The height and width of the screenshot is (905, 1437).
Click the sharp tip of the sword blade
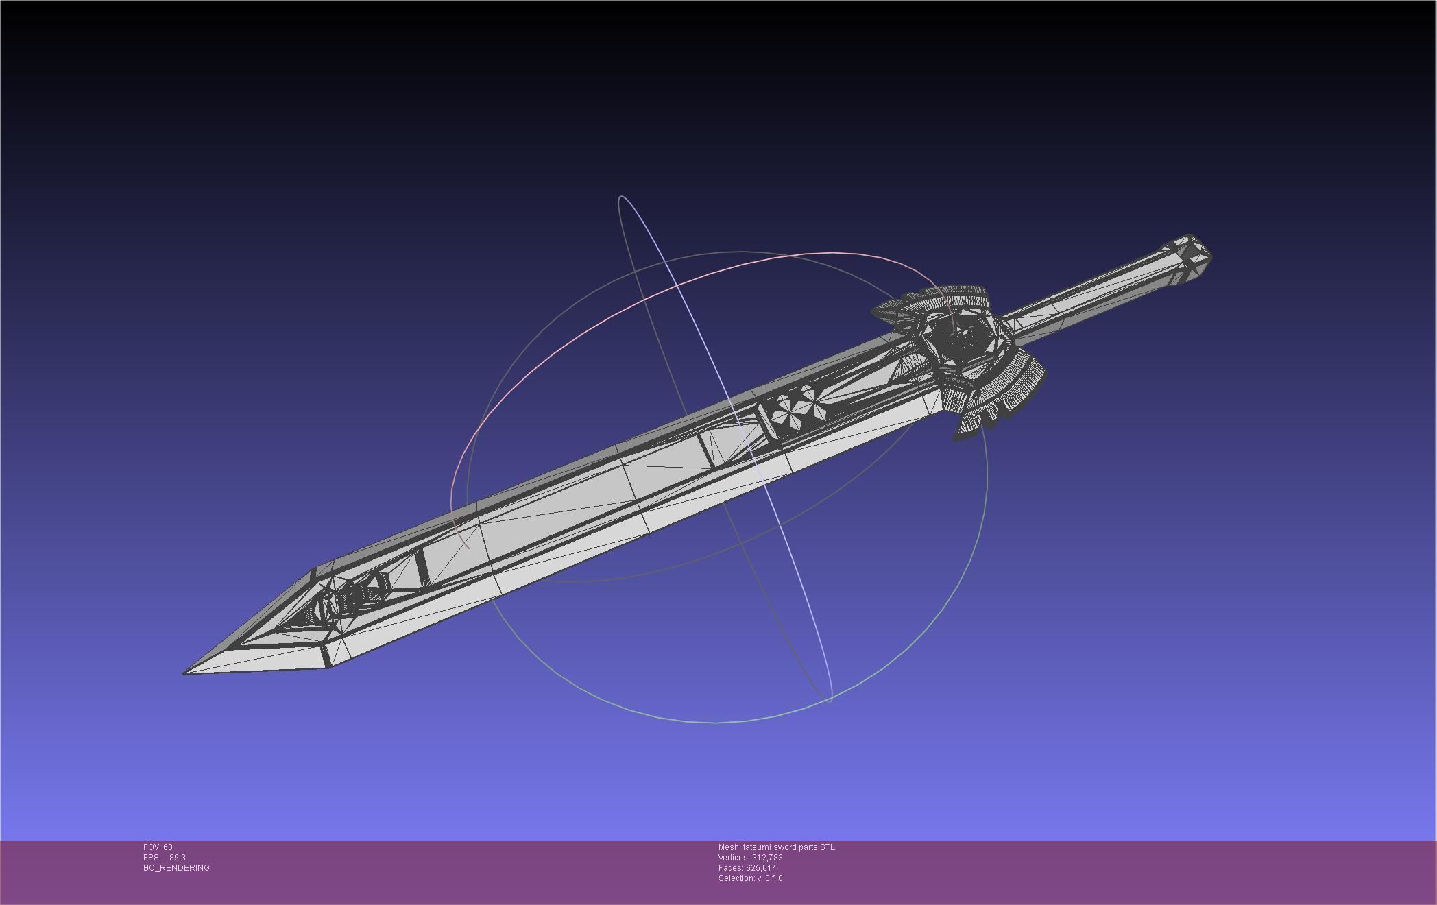pyautogui.click(x=185, y=673)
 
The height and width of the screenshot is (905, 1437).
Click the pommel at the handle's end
pyautogui.click(x=1192, y=254)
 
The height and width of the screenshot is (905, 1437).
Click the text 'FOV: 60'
pyautogui.click(x=158, y=847)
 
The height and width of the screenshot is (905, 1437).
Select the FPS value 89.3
pyautogui.click(x=178, y=858)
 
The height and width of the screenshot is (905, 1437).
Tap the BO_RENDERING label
pyautogui.click(x=176, y=868)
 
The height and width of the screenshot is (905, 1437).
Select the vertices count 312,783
pyautogui.click(x=767, y=858)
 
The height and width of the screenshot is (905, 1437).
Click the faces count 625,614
pyautogui.click(x=761, y=868)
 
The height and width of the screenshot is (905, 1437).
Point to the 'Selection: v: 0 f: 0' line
pyautogui.click(x=750, y=878)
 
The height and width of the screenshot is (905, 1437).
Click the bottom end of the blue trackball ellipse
pyautogui.click(x=830, y=701)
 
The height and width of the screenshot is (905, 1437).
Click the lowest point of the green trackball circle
pyautogui.click(x=716, y=723)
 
